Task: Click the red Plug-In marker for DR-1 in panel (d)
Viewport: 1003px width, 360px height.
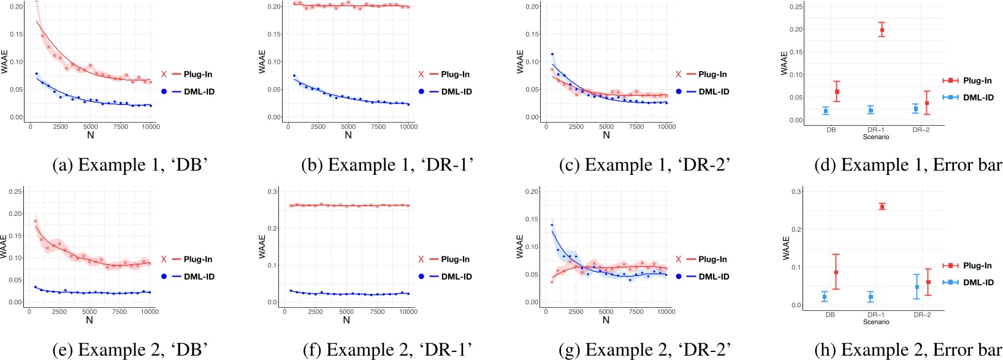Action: point(882,30)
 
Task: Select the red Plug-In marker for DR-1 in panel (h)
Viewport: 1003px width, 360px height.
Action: point(882,207)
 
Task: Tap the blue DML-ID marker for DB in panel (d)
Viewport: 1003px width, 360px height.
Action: point(826,111)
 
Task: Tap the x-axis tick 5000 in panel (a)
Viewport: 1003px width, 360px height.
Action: point(91,127)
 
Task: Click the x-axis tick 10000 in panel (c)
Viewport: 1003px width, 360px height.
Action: point(666,127)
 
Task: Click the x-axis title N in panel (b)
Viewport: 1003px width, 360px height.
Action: point(348,136)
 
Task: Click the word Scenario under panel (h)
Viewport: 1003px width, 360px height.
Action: point(875,322)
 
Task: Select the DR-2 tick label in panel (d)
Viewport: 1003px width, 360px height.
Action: point(921,130)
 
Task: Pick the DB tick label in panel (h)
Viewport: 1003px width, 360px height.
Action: point(830,315)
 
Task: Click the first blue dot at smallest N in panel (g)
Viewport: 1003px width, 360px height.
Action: point(552,225)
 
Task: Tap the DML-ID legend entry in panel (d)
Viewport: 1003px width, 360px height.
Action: point(968,98)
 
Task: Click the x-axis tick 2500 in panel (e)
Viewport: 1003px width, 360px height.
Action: point(59,312)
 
